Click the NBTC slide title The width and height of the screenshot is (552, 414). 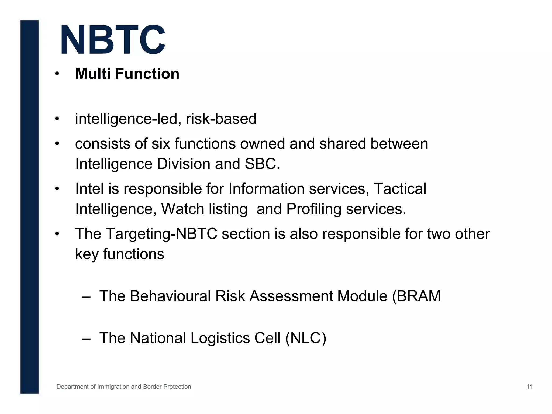[113, 40]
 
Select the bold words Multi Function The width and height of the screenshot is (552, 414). [127, 74]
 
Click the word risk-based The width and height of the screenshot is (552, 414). [221, 119]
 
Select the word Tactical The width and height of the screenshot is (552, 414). [400, 189]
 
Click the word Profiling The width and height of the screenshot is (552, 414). [314, 209]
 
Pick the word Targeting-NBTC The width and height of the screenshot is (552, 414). [161, 234]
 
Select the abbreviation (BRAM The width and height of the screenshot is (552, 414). [416, 296]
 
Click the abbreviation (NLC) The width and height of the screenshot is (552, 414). [306, 338]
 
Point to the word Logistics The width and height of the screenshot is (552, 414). [220, 338]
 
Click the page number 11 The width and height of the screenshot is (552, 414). [529, 387]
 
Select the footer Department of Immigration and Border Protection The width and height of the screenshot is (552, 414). [124, 387]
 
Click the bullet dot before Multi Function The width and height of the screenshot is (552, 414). [57, 74]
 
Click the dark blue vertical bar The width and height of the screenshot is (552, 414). [29, 206]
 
